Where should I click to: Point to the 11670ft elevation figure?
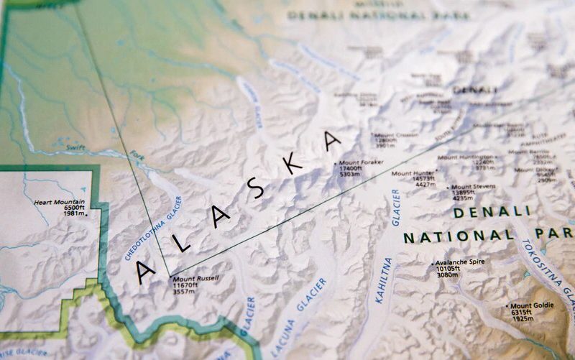(185, 285)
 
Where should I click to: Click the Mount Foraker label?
(362, 163)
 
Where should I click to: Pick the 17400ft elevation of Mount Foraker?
(351, 169)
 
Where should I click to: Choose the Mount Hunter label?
(413, 173)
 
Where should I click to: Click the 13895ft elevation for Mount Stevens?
(464, 193)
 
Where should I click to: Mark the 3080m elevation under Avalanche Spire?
(447, 274)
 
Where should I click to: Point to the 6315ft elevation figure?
(521, 312)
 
